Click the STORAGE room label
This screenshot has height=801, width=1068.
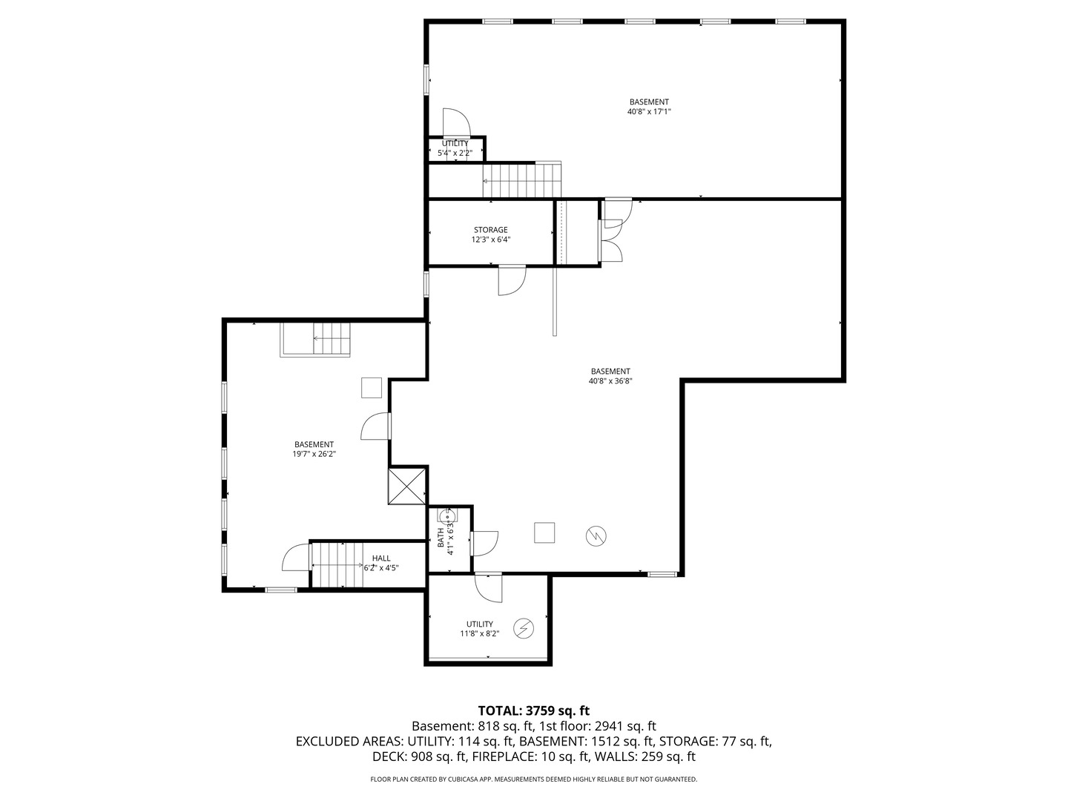[490, 230]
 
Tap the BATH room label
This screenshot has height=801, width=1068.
[441, 538]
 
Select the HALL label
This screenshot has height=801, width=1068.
[381, 558]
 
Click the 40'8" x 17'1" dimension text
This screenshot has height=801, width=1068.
[649, 111]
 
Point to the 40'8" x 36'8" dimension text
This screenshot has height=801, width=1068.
[610, 381]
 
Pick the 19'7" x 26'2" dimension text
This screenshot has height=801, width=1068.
[314, 454]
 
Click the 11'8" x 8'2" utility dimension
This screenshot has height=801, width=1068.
[480, 633]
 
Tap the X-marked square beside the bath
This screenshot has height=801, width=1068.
[406, 486]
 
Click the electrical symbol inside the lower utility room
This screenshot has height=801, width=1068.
[524, 629]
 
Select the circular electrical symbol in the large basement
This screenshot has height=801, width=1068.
[596, 536]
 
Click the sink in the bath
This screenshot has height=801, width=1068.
[448, 515]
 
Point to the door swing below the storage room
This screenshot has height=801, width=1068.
[512, 280]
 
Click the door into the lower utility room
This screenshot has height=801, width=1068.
[488, 588]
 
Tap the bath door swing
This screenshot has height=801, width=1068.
[484, 543]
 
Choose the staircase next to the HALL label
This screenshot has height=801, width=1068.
[337, 564]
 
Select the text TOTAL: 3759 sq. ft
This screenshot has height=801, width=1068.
[534, 711]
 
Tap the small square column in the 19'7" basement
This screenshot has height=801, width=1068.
[372, 388]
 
